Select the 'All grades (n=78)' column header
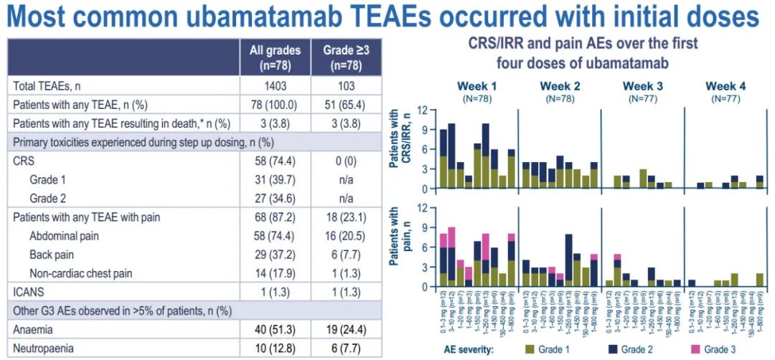(275, 57)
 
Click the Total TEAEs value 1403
(275, 86)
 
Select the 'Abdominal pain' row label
(64, 235)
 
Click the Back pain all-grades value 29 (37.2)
(275, 254)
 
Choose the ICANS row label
(28, 291)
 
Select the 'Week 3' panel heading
(642, 86)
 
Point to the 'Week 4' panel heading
(725, 86)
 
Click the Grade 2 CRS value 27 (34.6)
(275, 198)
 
